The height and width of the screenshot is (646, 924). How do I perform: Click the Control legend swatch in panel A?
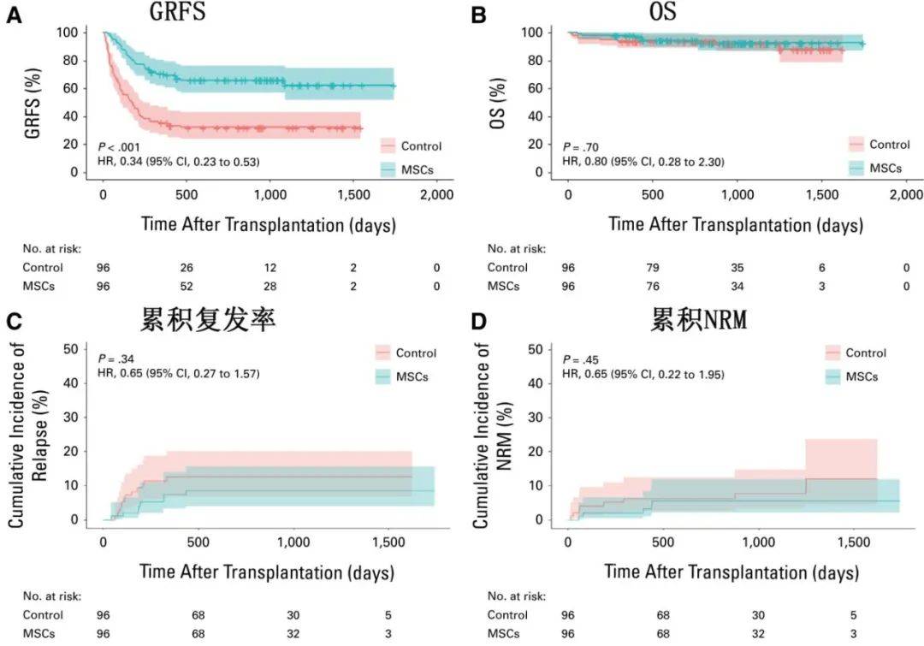click(x=387, y=146)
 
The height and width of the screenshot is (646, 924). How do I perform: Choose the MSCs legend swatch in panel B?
click(x=856, y=169)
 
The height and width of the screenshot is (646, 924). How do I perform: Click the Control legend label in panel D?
click(x=866, y=353)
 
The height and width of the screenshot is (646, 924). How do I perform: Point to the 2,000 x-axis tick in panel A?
click(x=436, y=195)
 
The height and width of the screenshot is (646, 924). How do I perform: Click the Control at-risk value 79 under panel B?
click(x=653, y=267)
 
